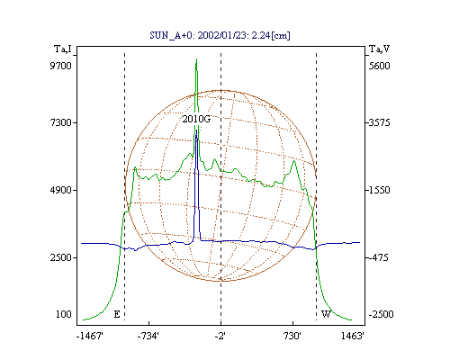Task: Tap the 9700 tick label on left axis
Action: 60,66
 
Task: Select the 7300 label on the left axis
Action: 60,122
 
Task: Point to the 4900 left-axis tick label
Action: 60,190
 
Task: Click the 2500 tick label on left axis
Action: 60,257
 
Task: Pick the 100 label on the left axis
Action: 64,314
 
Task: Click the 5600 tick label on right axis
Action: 379,66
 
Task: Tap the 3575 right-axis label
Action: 379,122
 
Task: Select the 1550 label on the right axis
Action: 379,190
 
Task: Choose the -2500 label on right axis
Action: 381,314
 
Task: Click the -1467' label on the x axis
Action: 90,336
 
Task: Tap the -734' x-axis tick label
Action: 148,336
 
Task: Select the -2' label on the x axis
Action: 220,336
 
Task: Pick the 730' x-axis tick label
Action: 292,336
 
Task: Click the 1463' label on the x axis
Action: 353,336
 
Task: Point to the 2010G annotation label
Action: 196,119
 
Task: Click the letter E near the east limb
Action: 117,314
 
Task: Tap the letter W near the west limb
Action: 326,314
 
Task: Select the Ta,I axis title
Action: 63,49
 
